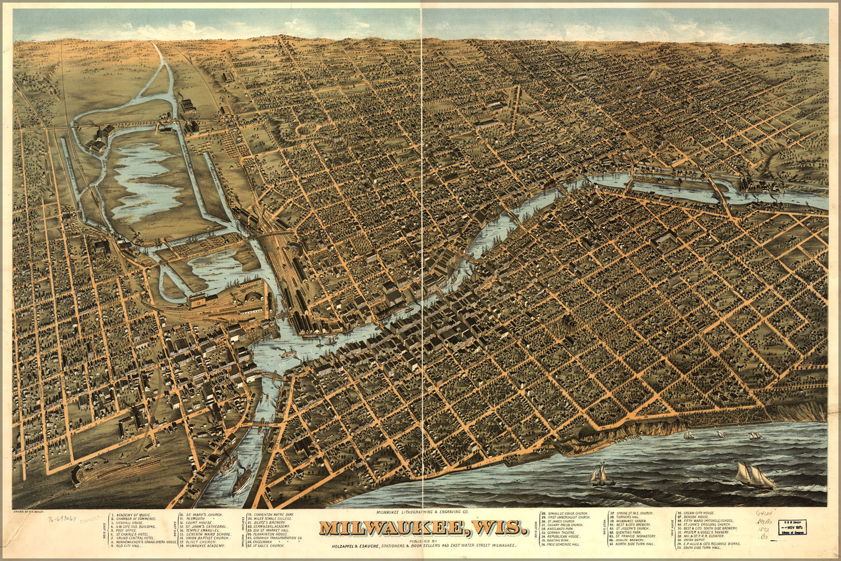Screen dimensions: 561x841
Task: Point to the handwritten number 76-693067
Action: coord(61,520)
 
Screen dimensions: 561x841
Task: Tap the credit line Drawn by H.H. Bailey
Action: coord(31,512)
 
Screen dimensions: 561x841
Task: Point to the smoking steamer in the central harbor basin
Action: coord(289,353)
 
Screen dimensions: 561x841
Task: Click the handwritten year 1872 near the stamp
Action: coord(763,529)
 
